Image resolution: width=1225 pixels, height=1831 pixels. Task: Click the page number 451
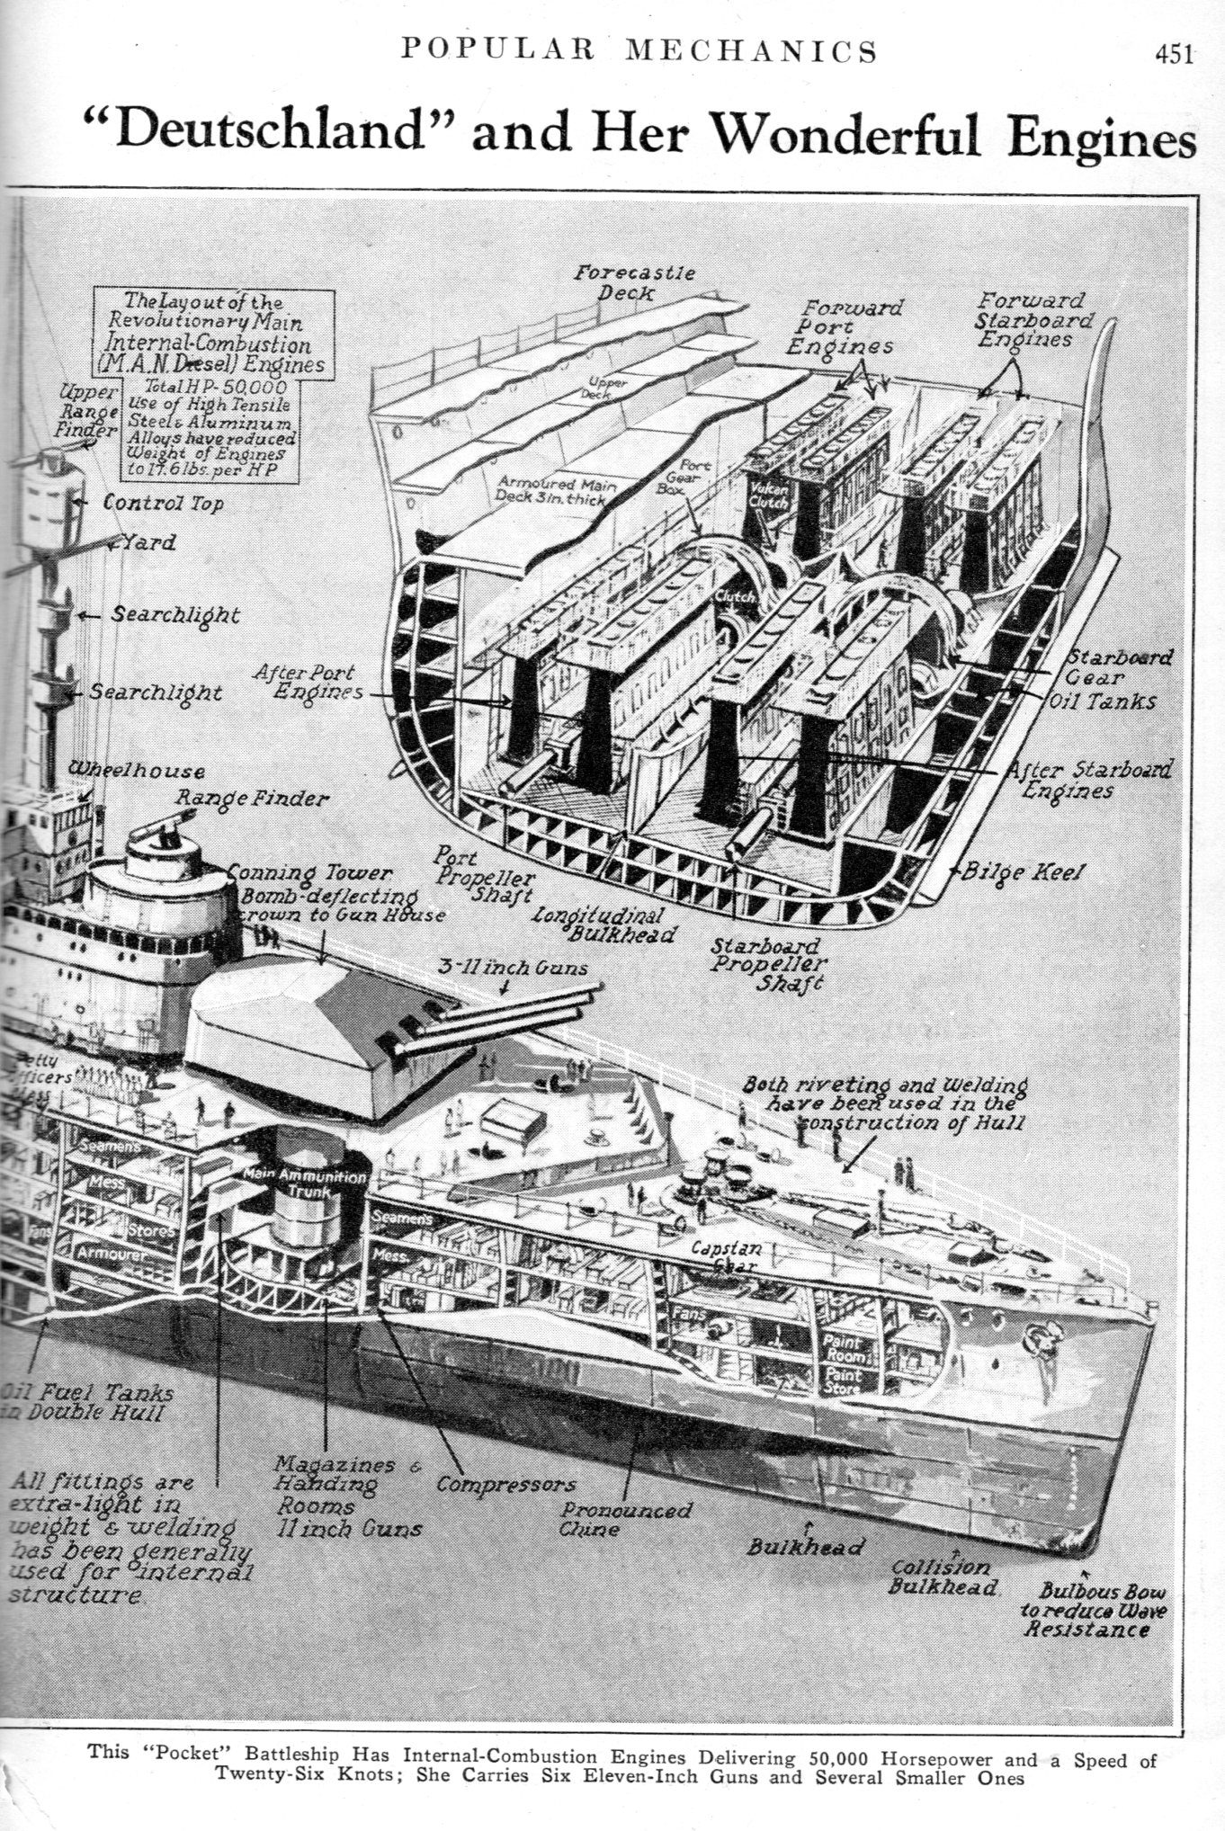(1174, 55)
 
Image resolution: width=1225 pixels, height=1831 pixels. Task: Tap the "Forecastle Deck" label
(634, 282)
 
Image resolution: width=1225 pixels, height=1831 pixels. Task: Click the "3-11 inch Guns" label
(513, 968)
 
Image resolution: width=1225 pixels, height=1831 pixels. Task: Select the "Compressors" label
(505, 1484)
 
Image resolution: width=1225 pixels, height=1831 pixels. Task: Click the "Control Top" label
(163, 503)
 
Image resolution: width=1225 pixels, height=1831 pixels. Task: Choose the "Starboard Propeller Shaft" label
(766, 963)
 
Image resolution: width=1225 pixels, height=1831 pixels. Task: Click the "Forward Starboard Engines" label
(1035, 319)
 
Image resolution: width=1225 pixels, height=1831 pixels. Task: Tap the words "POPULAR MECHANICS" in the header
(639, 50)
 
